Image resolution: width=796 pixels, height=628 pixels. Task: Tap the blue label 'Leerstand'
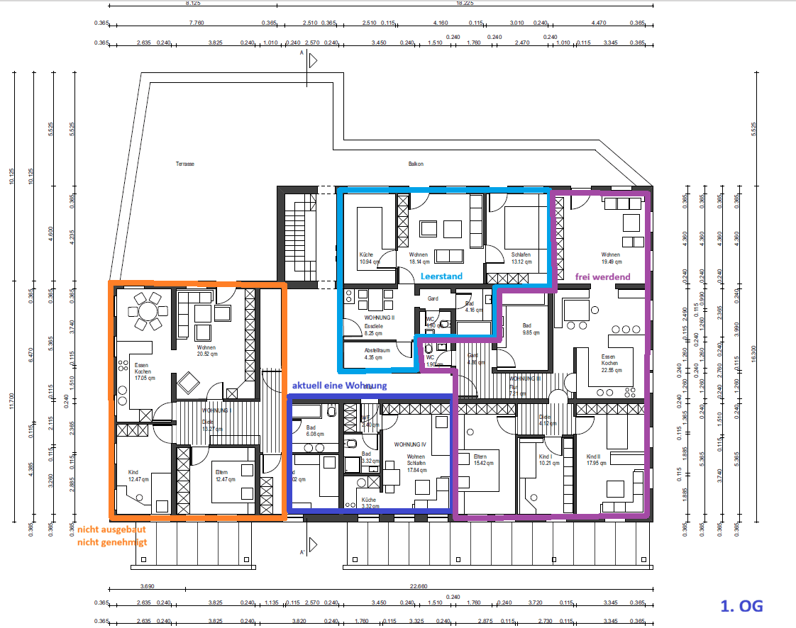click(441, 276)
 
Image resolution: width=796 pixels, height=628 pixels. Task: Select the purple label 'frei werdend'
click(602, 276)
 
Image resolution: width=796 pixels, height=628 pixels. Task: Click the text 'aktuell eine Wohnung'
click(339, 385)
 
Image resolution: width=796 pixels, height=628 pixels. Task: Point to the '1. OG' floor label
click(741, 606)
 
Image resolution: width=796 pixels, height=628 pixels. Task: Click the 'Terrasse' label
click(185, 164)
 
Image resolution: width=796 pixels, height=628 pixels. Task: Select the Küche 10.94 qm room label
click(367, 258)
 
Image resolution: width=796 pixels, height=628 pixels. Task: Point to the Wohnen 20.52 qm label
click(206, 351)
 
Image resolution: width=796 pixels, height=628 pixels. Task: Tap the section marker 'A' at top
click(302, 53)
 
